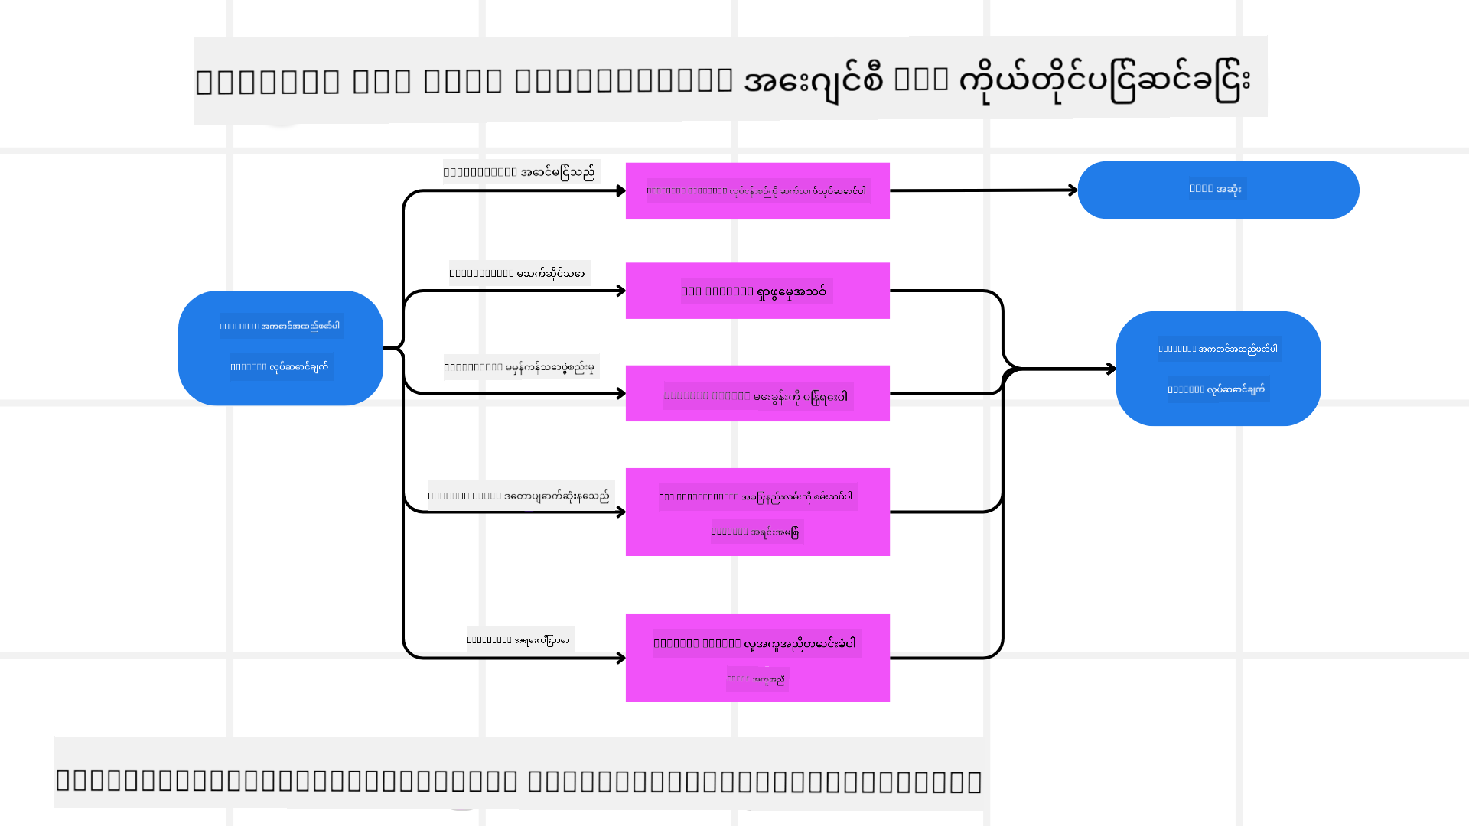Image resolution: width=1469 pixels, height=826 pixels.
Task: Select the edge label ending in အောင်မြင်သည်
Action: [x=521, y=172]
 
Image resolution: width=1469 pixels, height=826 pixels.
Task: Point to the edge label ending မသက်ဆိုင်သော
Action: [x=519, y=273]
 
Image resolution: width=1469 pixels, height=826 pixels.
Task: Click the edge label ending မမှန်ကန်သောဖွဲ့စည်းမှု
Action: [x=521, y=367]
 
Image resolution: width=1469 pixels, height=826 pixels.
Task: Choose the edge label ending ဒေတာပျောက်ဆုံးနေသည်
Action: [x=520, y=496]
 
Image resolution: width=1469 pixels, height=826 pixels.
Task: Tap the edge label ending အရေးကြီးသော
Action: [x=520, y=639]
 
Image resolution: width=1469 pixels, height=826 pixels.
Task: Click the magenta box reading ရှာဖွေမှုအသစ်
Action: [x=757, y=291]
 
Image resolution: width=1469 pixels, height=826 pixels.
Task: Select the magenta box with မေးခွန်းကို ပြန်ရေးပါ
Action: [x=757, y=393]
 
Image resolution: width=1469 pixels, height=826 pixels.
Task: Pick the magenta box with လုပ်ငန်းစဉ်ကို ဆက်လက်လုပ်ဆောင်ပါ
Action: [x=757, y=190]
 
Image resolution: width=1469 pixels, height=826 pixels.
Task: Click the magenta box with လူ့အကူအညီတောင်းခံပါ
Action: [x=757, y=658]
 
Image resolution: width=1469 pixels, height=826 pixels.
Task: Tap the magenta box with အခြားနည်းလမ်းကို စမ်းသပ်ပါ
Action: [x=757, y=512]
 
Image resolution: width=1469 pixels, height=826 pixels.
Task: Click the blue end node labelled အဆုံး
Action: [x=1218, y=190]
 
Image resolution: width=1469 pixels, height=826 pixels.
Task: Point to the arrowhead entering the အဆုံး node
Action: [x=1073, y=190]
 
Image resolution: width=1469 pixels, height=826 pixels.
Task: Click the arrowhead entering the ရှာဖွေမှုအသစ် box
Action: [x=621, y=291]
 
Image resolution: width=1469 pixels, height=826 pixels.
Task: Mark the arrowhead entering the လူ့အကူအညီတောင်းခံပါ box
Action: [x=621, y=658]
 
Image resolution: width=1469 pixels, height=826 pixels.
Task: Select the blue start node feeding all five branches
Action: [x=281, y=348]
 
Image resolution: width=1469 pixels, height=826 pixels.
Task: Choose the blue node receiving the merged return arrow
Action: [x=1218, y=369]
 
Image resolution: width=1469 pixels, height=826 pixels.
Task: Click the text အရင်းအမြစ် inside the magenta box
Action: [x=757, y=532]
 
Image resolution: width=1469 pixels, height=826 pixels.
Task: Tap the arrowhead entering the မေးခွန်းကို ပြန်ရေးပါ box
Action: [x=621, y=393]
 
